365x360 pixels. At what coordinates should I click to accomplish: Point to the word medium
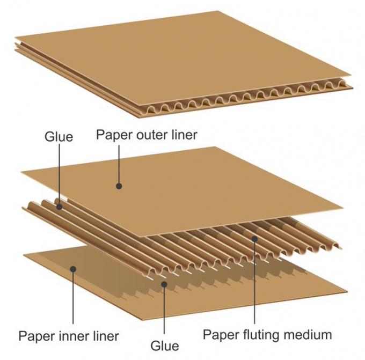point(306,335)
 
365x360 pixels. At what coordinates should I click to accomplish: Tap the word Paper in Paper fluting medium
point(220,335)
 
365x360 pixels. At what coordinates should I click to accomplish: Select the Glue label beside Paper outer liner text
point(58,137)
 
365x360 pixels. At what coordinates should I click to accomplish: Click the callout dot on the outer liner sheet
point(119,186)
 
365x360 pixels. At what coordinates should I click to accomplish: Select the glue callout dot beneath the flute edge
point(164,284)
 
